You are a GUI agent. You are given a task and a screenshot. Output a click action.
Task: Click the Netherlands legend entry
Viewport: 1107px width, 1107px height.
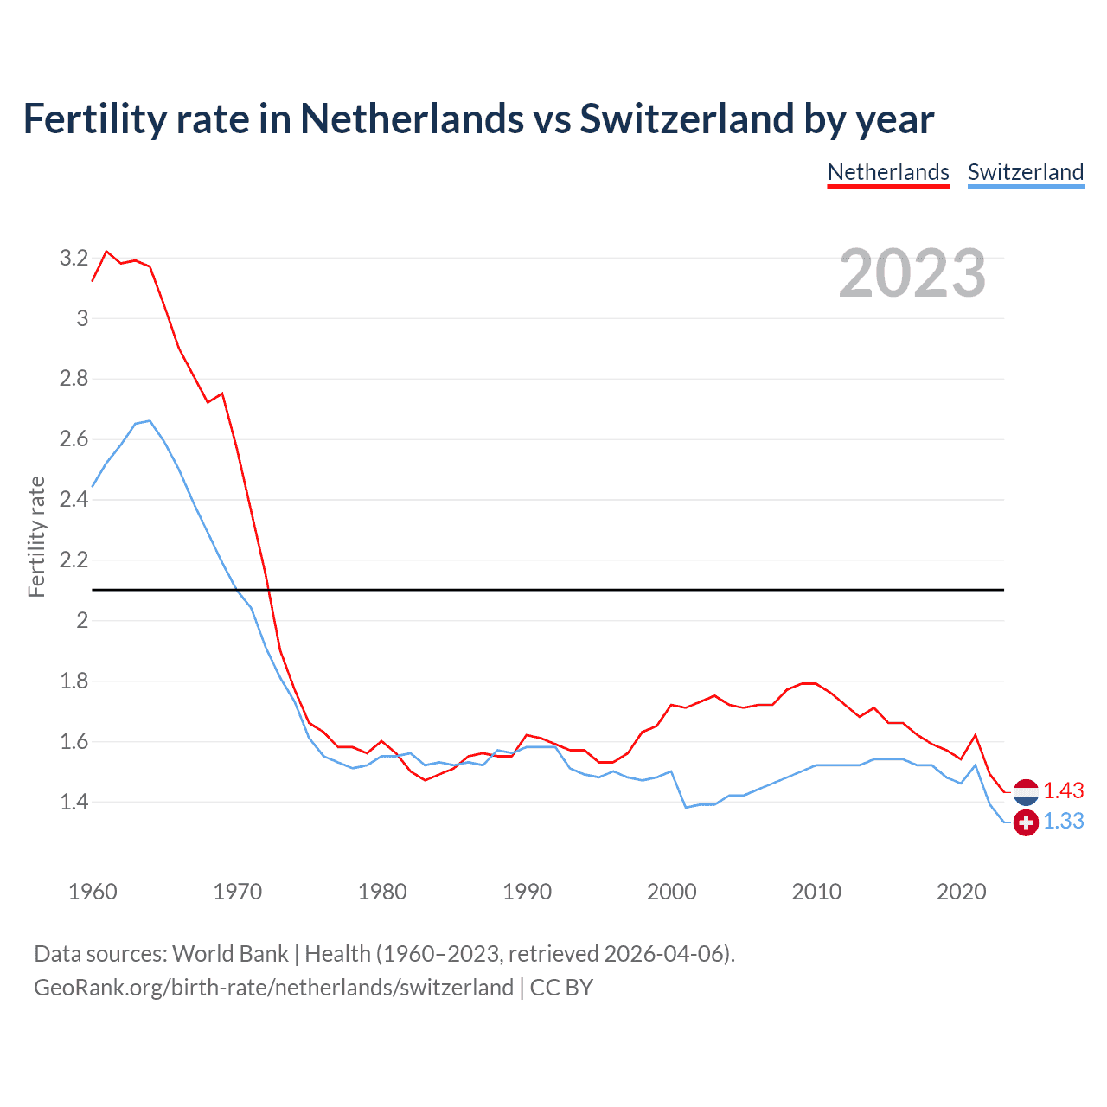pos(888,172)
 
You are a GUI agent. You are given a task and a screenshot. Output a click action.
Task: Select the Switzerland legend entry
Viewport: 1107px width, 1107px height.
pos(1025,172)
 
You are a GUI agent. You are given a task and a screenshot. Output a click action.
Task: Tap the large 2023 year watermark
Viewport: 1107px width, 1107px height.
pos(912,273)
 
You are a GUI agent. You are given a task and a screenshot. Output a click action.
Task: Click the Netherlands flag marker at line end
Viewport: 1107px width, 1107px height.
pos(1026,791)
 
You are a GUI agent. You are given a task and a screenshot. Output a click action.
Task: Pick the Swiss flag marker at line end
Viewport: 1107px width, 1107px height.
pos(1026,822)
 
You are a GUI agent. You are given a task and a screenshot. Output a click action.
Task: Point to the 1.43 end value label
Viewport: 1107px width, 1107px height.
pos(1063,790)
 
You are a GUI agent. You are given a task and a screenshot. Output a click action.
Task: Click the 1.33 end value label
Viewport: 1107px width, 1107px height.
pos(1063,822)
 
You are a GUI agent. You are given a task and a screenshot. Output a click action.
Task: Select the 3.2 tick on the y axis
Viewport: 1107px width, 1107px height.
pos(74,258)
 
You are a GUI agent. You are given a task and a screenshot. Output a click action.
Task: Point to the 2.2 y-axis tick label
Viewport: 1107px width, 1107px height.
pos(74,560)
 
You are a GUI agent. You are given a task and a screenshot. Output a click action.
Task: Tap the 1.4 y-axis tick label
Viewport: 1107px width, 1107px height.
pos(74,802)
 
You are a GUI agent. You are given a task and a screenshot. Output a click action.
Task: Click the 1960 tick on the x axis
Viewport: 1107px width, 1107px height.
pos(93,892)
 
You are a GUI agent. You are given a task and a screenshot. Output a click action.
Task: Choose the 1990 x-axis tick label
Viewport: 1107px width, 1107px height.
pos(527,892)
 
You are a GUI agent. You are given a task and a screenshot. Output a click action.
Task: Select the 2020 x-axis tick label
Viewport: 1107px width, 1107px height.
pos(961,892)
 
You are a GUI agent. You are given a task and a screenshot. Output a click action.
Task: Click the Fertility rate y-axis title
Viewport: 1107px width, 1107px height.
pos(36,536)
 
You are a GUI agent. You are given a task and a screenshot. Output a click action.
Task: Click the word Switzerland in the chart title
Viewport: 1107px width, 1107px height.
pos(686,118)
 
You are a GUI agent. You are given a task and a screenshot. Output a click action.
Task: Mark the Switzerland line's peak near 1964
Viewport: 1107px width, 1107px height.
pos(150,421)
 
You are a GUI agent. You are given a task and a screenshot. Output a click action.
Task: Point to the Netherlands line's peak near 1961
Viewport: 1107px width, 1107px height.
pos(106,252)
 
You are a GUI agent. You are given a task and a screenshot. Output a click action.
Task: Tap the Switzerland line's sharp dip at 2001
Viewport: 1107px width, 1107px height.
pos(686,807)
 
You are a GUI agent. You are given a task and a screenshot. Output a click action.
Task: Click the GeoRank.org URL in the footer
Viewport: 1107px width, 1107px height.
pos(273,988)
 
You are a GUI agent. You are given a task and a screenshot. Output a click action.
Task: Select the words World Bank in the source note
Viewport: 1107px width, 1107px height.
pos(230,954)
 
